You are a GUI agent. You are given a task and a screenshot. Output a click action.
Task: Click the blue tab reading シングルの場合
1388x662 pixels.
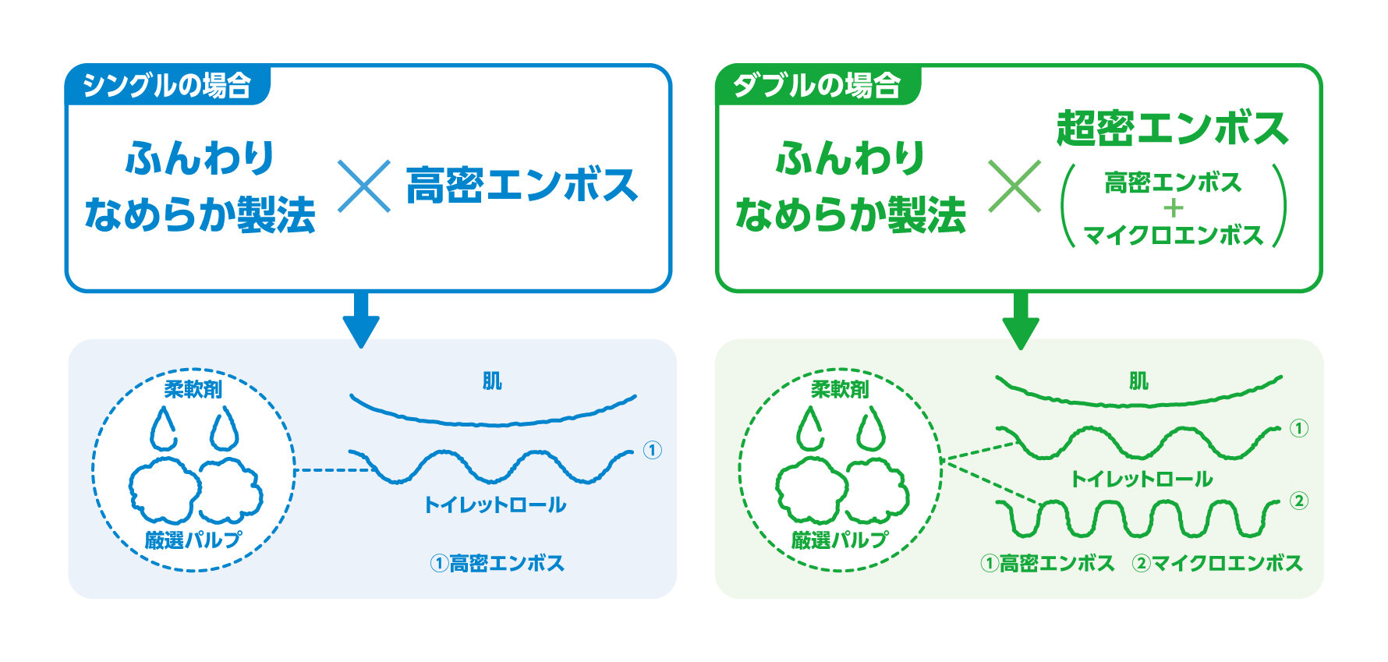tap(167, 84)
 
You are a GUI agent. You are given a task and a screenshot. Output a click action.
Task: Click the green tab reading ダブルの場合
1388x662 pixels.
tap(817, 84)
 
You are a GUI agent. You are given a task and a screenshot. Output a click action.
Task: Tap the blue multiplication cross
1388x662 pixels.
tap(364, 186)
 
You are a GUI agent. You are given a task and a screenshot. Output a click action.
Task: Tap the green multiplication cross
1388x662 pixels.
tap(1014, 186)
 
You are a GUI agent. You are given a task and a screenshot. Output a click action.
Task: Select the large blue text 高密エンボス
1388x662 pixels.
tap(522, 186)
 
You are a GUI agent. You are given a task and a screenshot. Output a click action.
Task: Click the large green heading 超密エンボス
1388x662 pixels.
tap(1172, 128)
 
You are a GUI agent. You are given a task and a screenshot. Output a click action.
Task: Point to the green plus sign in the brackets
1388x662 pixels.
tap(1173, 208)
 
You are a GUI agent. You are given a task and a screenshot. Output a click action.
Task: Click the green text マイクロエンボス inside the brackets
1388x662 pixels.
tap(1173, 235)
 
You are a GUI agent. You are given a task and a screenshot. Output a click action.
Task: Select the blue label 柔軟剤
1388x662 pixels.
tap(193, 388)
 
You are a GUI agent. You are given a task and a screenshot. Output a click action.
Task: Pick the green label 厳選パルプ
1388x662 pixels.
tap(840, 539)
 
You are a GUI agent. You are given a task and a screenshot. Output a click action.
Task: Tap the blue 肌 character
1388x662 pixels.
tap(492, 381)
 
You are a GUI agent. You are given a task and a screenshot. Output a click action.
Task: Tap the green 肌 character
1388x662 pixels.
tap(1138, 381)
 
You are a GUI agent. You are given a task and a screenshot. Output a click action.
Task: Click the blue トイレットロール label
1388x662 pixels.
tap(494, 504)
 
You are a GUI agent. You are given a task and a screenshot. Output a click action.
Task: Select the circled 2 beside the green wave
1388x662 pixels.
tap(1298, 501)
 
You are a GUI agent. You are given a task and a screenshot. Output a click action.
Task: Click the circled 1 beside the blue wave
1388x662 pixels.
tap(652, 450)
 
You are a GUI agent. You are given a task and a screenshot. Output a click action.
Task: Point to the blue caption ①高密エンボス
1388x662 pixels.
tap(497, 563)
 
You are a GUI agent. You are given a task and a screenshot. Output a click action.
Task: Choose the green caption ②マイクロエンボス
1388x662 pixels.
tap(1217, 563)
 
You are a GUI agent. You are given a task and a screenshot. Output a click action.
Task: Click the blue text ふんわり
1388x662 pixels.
tap(200, 158)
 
